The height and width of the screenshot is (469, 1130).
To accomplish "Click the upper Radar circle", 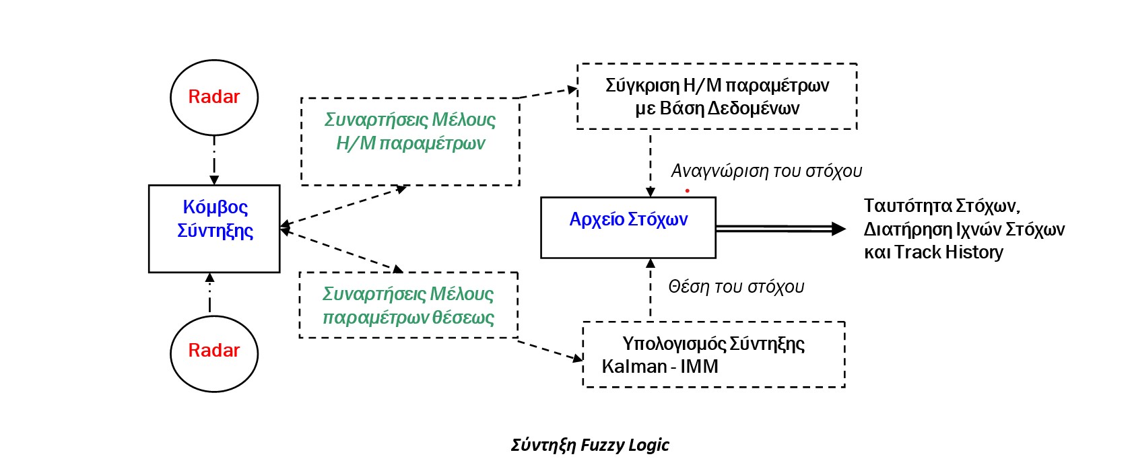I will (x=214, y=97).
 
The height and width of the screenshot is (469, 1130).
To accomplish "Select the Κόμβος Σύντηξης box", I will (x=214, y=229).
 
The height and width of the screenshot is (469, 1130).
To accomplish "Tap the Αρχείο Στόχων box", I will (x=628, y=227).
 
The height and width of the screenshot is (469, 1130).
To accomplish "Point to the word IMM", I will (x=699, y=367).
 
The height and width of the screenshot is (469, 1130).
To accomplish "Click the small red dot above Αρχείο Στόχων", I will (x=687, y=190).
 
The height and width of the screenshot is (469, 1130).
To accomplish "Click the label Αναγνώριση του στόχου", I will (x=766, y=171).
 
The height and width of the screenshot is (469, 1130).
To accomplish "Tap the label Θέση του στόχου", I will (x=736, y=287).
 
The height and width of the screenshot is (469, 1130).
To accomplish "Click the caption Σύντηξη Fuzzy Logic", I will (x=590, y=445).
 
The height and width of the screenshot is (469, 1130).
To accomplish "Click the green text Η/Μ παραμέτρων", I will (x=410, y=143).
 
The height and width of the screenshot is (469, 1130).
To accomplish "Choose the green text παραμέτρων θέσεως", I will (x=408, y=318).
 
